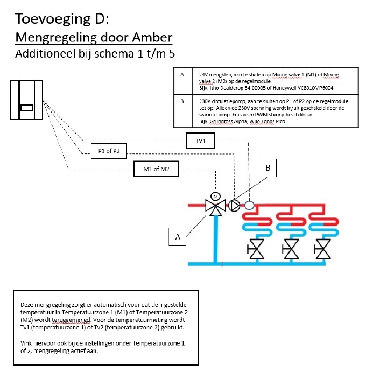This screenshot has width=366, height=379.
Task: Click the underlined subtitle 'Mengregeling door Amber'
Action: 94,38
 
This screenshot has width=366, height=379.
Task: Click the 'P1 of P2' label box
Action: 108,151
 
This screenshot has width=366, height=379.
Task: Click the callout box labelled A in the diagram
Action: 177,235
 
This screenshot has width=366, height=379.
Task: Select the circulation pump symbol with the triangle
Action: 235,205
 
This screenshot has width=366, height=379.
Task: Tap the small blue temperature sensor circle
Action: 249,205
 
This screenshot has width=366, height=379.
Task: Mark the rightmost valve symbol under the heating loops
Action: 324,250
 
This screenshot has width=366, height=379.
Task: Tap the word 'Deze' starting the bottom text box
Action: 27,304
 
